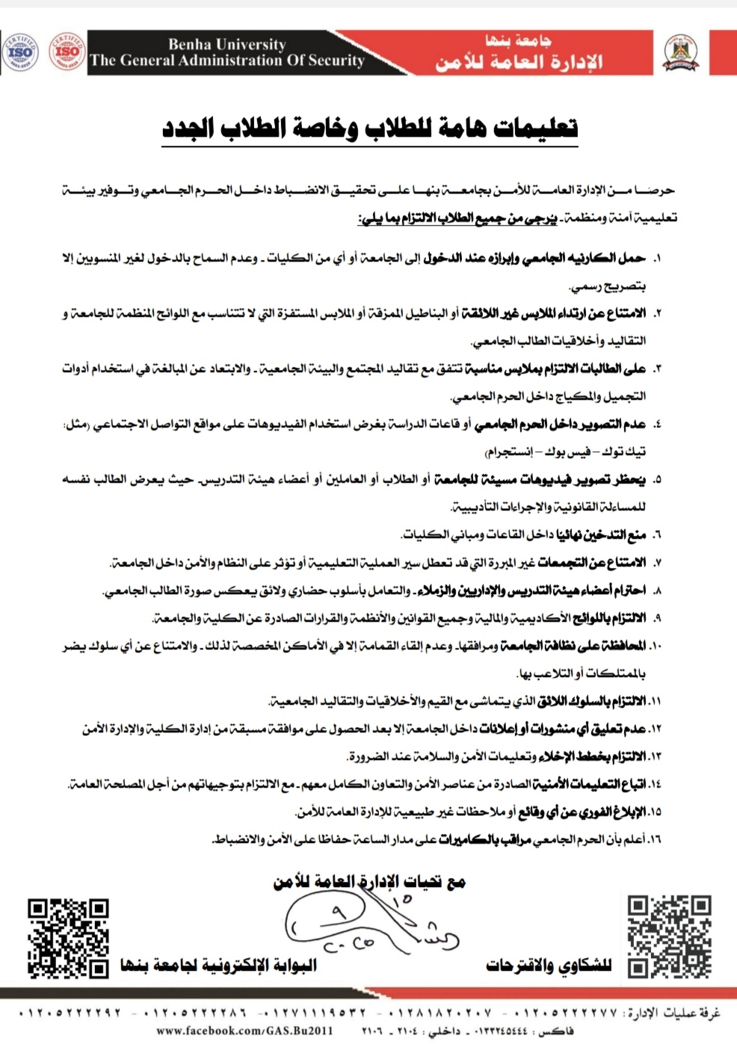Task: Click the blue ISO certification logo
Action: (x=20, y=52)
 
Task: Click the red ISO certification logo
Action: (x=67, y=52)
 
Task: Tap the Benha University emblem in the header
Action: (x=681, y=53)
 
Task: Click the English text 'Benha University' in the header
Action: (x=226, y=44)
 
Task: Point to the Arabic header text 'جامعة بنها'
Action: (x=518, y=40)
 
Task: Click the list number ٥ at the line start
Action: (x=656, y=480)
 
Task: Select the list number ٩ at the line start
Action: (x=656, y=618)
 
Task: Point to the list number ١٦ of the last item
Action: (x=655, y=839)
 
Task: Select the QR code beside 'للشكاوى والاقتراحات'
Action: (x=669, y=936)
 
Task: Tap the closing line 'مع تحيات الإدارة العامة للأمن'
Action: (x=369, y=883)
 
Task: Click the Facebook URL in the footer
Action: (x=244, y=1031)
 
